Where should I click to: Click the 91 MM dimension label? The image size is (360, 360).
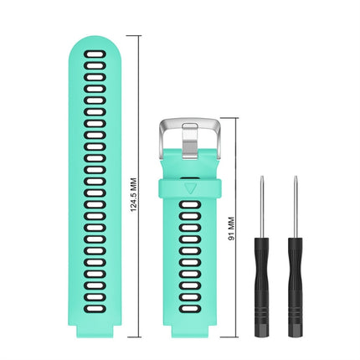[231, 224]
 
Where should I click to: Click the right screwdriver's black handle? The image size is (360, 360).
[295, 260]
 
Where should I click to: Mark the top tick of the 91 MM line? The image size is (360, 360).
[238, 117]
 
